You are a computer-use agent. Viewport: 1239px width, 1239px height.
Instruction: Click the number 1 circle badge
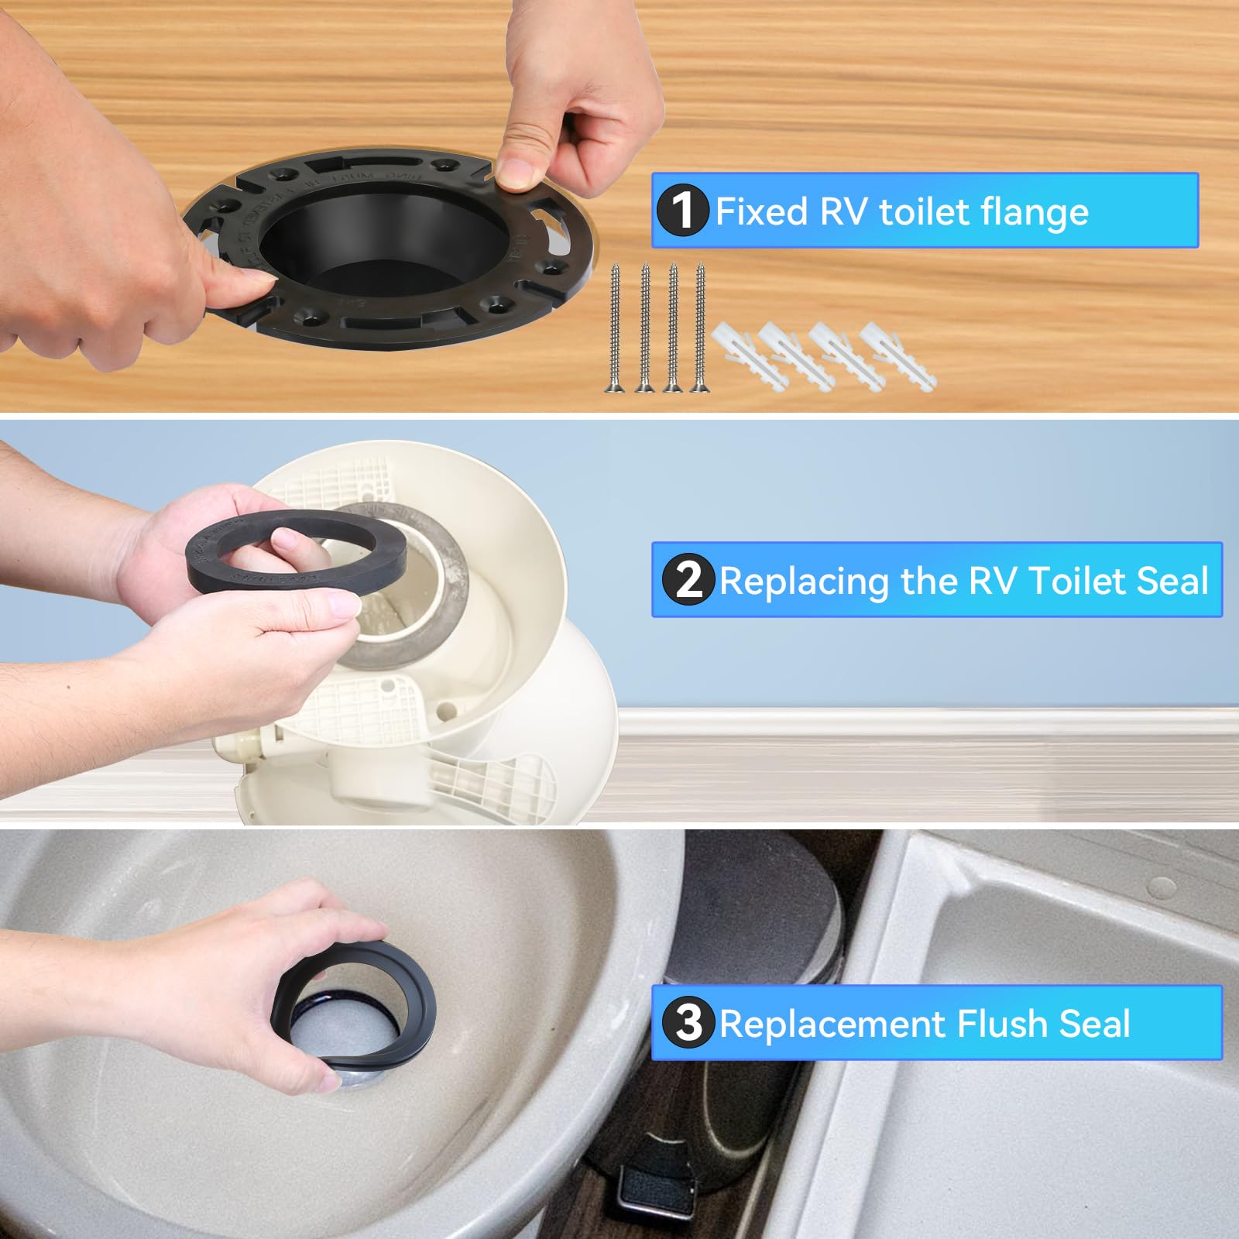682,211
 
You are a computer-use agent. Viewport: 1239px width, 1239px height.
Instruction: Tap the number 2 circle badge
688,580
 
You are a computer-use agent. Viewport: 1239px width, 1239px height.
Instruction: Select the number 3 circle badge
688,1023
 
